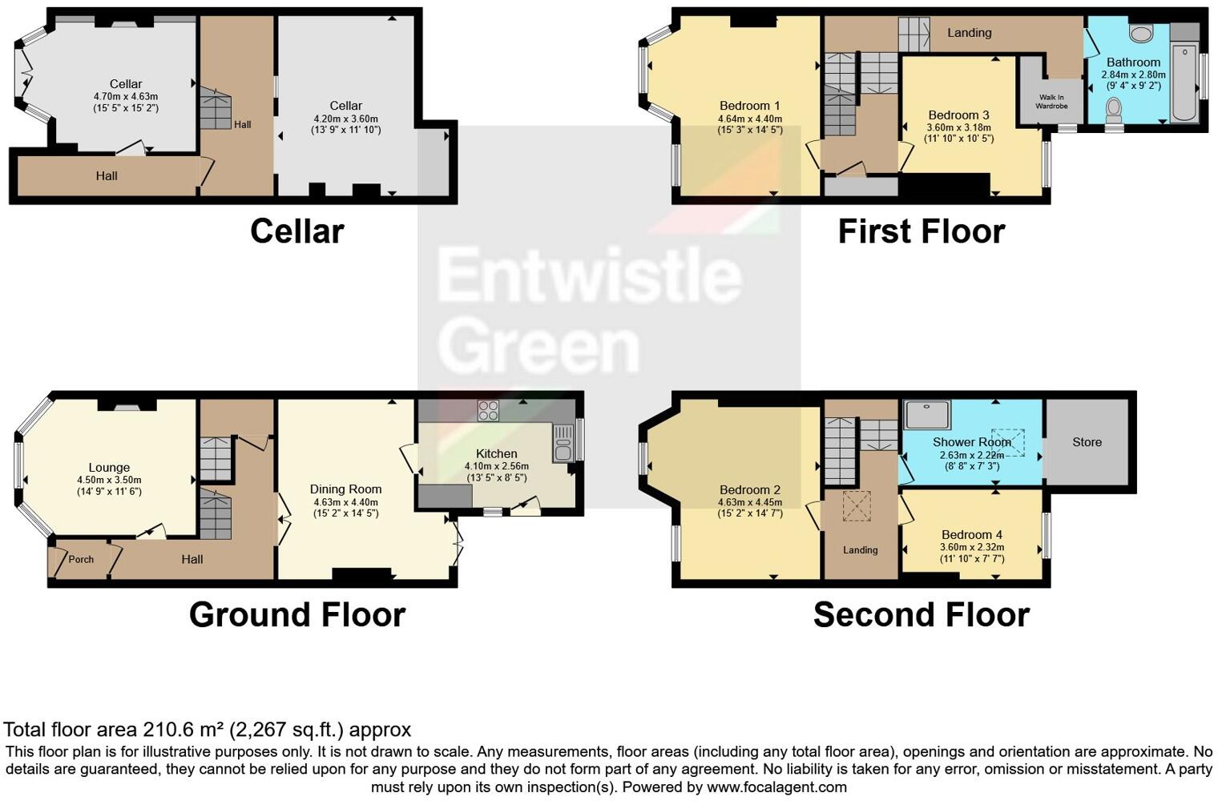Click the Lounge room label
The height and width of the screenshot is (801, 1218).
click(x=109, y=468)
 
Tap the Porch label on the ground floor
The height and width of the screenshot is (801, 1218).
click(x=81, y=559)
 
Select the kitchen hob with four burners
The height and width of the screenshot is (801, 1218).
click(x=488, y=411)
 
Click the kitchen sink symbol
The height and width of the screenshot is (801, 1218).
click(x=563, y=444)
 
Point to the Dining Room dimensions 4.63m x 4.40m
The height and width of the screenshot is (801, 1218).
click(x=346, y=502)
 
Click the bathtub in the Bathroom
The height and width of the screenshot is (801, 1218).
click(x=1184, y=83)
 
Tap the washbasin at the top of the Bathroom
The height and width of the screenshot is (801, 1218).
click(x=1139, y=34)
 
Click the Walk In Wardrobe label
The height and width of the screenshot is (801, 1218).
click(x=1051, y=102)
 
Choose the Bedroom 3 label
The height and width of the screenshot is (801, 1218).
click(x=958, y=115)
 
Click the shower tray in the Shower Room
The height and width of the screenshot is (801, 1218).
click(x=927, y=415)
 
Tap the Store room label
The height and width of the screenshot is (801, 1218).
click(x=1087, y=442)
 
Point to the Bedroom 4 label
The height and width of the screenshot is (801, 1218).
click(x=971, y=535)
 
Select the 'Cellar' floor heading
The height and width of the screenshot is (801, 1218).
click(x=296, y=231)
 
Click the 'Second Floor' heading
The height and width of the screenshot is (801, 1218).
click(x=921, y=615)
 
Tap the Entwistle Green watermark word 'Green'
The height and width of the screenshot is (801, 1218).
click(x=538, y=346)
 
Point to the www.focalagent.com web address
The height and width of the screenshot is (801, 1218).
click(x=776, y=787)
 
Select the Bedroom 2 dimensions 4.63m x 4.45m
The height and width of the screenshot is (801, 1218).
click(x=749, y=502)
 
